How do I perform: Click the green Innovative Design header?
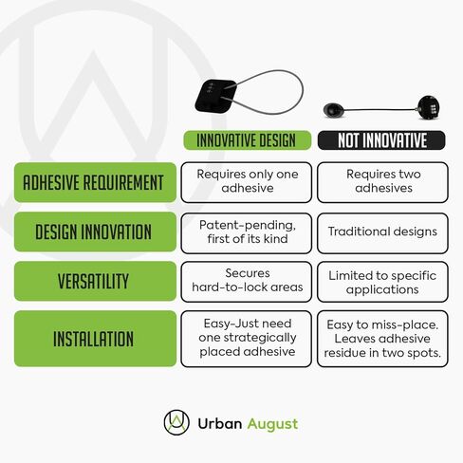[x=248, y=140]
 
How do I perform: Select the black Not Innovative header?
[x=381, y=140]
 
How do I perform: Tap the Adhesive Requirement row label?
[x=95, y=182]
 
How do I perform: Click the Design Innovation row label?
[x=95, y=231]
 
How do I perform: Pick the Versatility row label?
[x=95, y=281]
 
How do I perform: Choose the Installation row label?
[x=95, y=339]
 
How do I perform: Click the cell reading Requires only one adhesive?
[x=247, y=182]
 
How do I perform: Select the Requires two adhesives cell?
[x=382, y=182]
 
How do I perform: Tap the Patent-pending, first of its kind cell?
[x=247, y=233]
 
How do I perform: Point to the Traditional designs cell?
[x=382, y=233]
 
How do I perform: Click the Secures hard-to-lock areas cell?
[x=247, y=282]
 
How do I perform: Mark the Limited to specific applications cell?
[x=382, y=282]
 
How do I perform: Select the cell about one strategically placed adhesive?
[x=247, y=339]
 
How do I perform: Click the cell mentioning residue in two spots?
[x=382, y=339]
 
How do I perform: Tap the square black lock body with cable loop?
[x=216, y=96]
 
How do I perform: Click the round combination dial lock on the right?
[x=429, y=108]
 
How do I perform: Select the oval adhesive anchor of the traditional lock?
[x=333, y=110]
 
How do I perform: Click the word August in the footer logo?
[x=272, y=424]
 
